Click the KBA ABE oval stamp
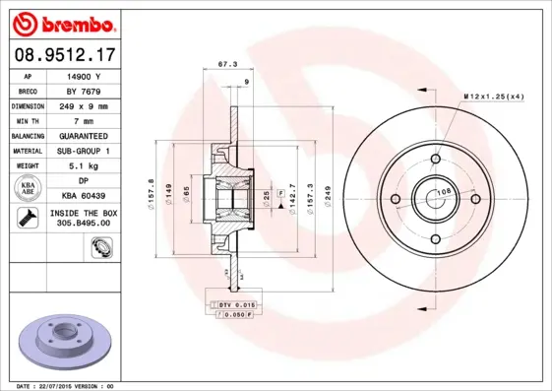[x=29, y=187]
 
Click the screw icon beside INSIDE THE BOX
[x=28, y=217]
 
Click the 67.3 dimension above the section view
[x=224, y=67]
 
